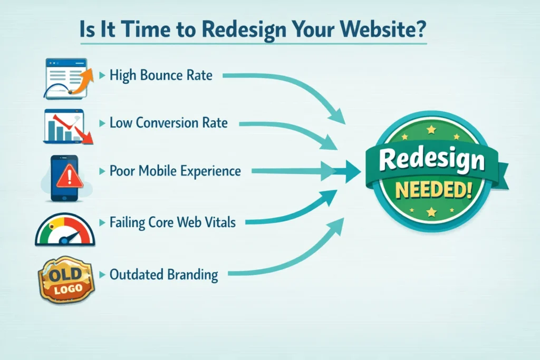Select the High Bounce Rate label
[x=161, y=75]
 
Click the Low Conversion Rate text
[x=168, y=123]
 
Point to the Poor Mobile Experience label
[x=175, y=171]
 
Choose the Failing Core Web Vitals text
[x=172, y=222]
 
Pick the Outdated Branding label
[x=163, y=275]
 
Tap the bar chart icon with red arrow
[x=67, y=127]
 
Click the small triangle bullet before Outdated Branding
[x=102, y=275]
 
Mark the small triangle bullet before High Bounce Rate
[x=102, y=76]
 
